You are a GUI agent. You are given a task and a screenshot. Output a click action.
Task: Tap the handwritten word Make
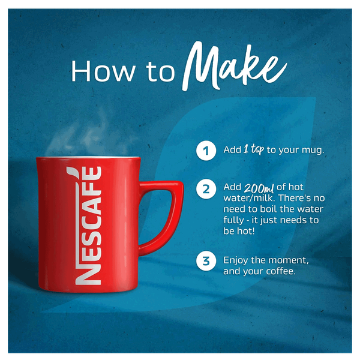click(234, 67)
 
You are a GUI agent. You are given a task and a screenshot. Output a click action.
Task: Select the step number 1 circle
click(206, 151)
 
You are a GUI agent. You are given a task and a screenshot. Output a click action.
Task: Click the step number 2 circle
click(206, 189)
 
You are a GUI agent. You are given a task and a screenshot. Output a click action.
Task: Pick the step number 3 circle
click(206, 261)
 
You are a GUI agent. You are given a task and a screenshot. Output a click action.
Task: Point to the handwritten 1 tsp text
click(253, 149)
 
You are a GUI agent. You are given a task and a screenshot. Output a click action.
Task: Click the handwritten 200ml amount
click(259, 188)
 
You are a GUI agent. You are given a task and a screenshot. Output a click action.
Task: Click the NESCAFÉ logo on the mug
click(88, 226)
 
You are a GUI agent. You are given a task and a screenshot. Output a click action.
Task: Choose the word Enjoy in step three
click(236, 260)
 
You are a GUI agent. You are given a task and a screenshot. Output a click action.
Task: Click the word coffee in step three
click(281, 271)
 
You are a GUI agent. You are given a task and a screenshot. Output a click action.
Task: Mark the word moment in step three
click(289, 260)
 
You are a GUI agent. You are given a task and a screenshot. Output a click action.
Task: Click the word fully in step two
click(234, 220)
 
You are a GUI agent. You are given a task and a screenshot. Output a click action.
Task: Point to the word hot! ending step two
click(246, 231)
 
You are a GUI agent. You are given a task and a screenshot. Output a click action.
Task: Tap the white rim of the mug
click(88, 157)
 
